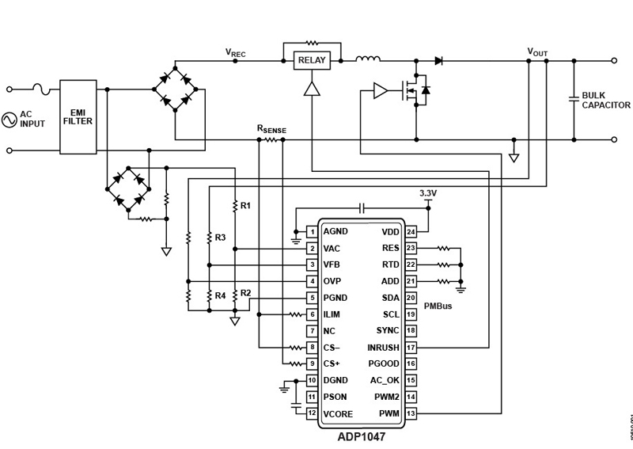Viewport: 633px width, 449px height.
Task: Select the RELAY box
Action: [x=311, y=59]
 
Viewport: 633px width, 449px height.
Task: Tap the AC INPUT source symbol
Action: [x=10, y=120]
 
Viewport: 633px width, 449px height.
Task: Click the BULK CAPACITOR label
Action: [x=606, y=100]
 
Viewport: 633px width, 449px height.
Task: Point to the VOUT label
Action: [x=537, y=52]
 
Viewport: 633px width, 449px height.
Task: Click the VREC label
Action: [x=237, y=52]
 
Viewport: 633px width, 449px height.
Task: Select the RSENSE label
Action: [x=271, y=128]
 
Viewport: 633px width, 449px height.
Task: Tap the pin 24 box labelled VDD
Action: [x=411, y=232]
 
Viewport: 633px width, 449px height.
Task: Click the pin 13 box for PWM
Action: [x=411, y=413]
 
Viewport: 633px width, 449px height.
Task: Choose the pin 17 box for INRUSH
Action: [x=411, y=347]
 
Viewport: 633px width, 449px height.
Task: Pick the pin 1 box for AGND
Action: [x=313, y=232]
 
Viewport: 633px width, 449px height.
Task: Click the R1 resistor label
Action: [x=245, y=206]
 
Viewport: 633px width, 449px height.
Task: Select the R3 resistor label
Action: [x=220, y=237]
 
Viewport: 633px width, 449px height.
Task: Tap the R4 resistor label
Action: [x=220, y=295]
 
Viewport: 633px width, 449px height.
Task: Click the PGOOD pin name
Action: [x=384, y=363]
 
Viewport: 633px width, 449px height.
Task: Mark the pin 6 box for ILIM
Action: [x=313, y=314]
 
